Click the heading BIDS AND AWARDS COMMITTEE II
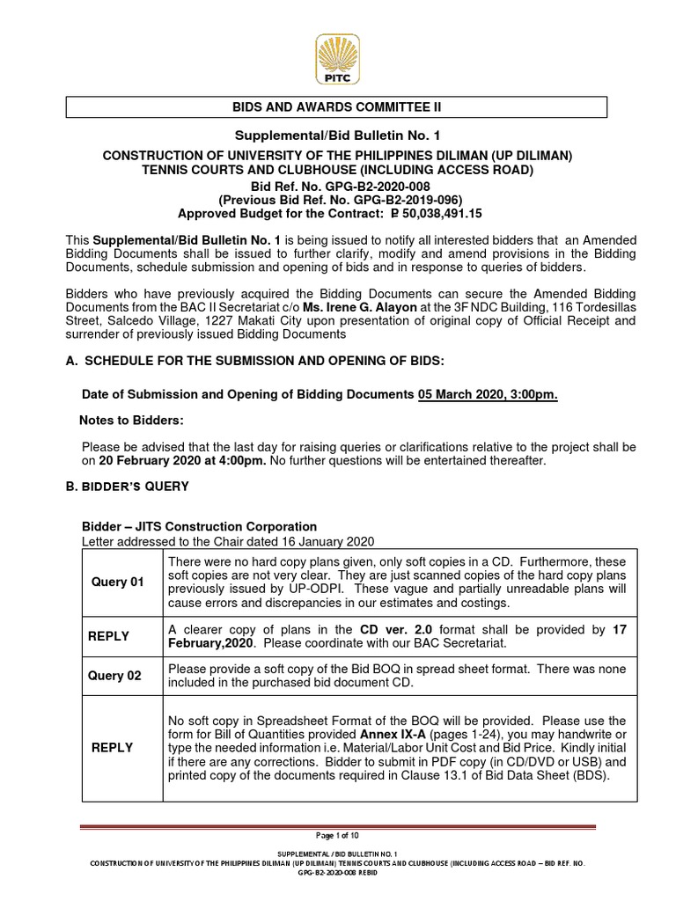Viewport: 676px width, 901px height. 337,107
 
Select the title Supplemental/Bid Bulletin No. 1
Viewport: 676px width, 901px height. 337,135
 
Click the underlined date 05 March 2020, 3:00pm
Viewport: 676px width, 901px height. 488,396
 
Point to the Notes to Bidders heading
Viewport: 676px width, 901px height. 132,422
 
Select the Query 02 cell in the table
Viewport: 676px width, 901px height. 116,676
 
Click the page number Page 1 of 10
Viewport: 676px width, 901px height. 337,835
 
